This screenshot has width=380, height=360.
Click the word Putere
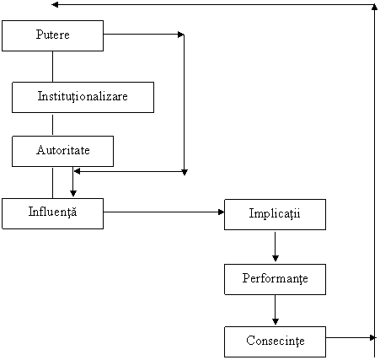(52, 35)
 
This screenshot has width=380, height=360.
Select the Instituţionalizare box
(83, 97)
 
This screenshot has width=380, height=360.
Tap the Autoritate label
(63, 150)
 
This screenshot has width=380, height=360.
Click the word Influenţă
(52, 212)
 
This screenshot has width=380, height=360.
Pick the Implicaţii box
(275, 215)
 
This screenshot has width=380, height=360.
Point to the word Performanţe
(275, 278)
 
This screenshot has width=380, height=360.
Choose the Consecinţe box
(275, 341)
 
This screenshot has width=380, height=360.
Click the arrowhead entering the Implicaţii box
(222, 212)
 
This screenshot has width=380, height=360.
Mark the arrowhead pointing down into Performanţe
(276, 258)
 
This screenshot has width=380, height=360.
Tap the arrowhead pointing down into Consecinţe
(276, 321)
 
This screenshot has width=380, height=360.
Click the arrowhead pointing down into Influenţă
(73, 193)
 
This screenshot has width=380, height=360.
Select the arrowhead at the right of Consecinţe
(373, 337)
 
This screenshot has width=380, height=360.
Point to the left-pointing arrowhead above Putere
(55, 4)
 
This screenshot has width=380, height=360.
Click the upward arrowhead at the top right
(374, 8)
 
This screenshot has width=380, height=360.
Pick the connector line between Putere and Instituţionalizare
(52, 67)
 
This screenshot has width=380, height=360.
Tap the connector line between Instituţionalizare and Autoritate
(52, 125)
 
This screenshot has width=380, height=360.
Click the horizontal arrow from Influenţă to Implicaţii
(163, 212)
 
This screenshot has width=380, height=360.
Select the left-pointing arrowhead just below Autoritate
(77, 171)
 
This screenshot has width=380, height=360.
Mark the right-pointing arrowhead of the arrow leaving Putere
(181, 35)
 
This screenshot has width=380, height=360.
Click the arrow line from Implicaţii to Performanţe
(276, 246)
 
